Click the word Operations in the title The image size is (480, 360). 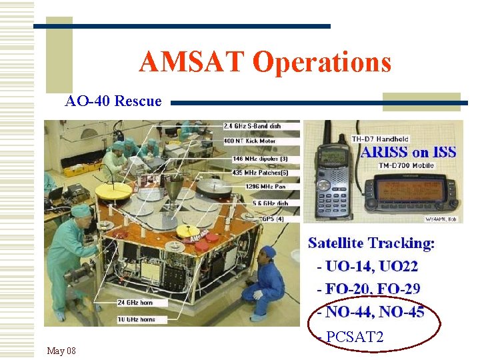point(322,63)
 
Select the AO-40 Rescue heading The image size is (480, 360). point(113,101)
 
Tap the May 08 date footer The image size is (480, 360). point(61,351)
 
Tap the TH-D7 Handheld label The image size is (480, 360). point(380,139)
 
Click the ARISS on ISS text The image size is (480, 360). point(408,152)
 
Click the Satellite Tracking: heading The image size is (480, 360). point(371,243)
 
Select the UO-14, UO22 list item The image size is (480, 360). point(368,267)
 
